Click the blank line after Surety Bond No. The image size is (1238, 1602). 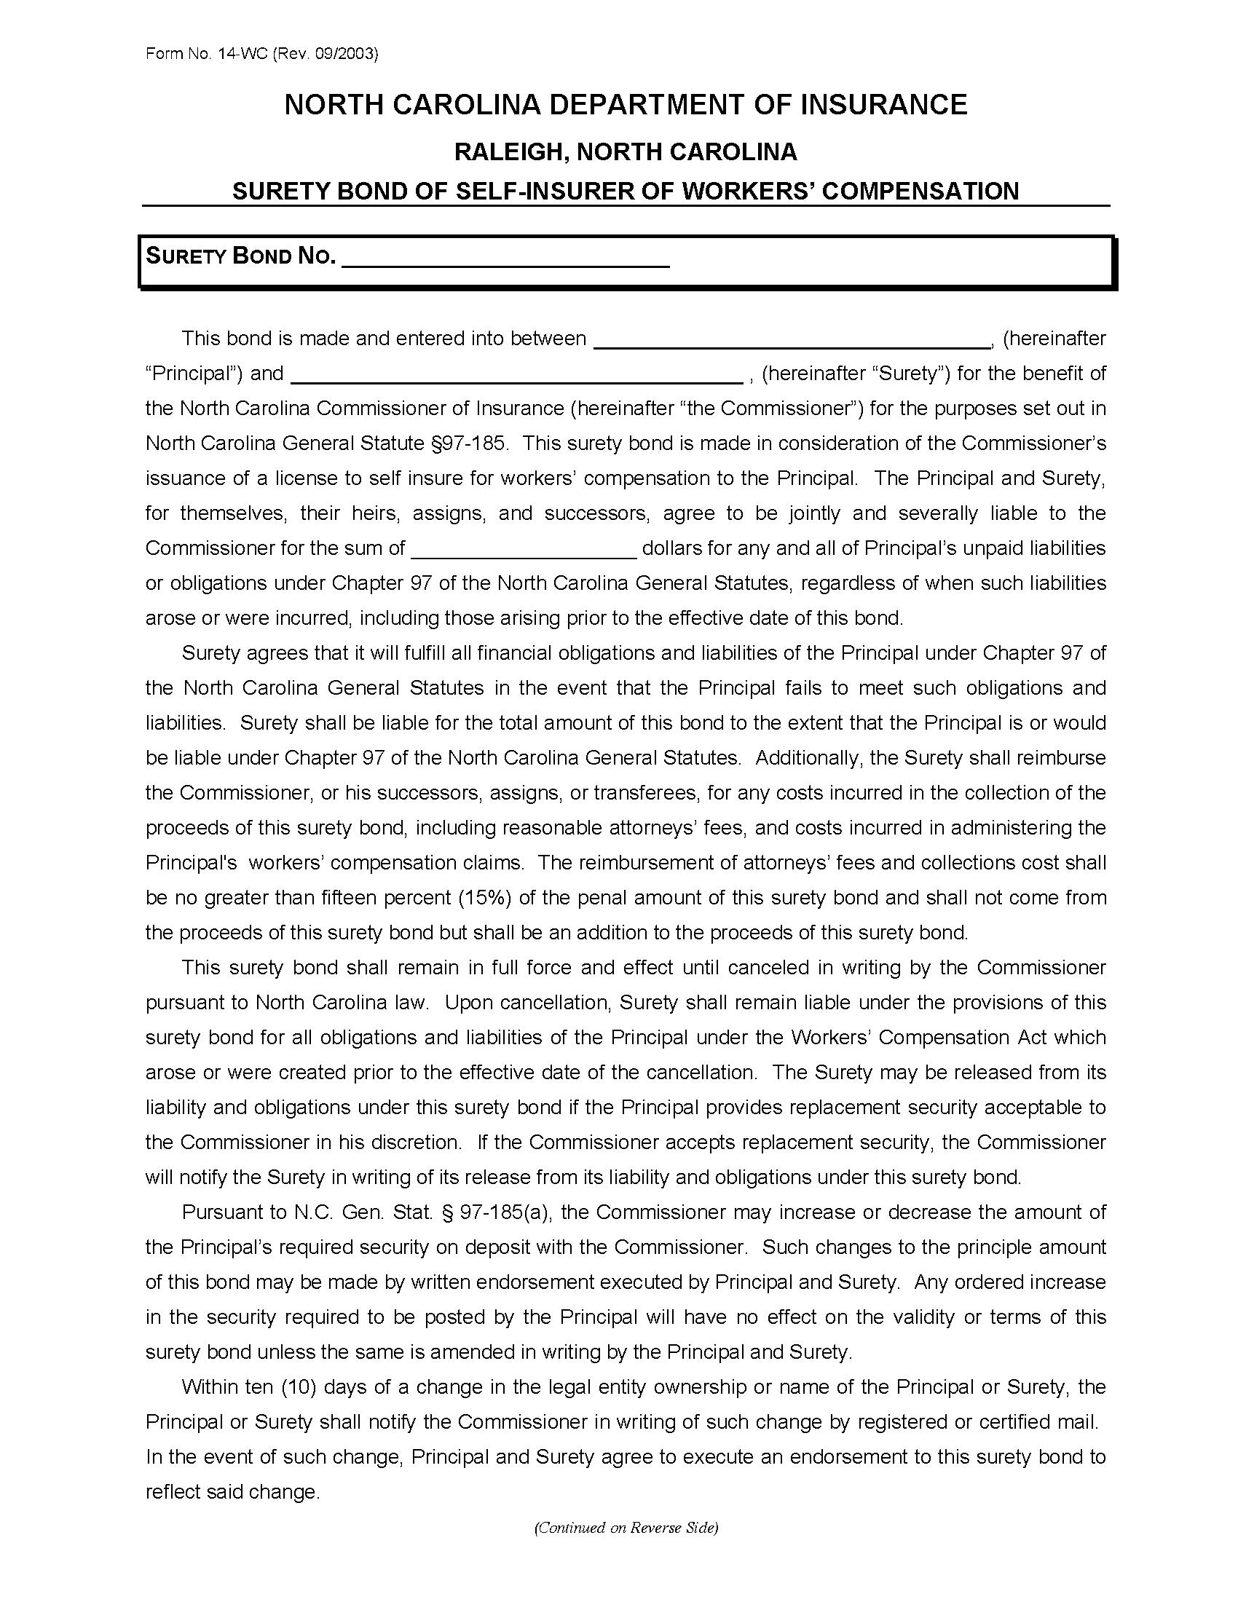click(x=505, y=261)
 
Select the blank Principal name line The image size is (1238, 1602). click(x=791, y=340)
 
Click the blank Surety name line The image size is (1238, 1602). click(x=517, y=376)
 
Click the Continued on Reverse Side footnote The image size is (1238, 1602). click(x=626, y=1528)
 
